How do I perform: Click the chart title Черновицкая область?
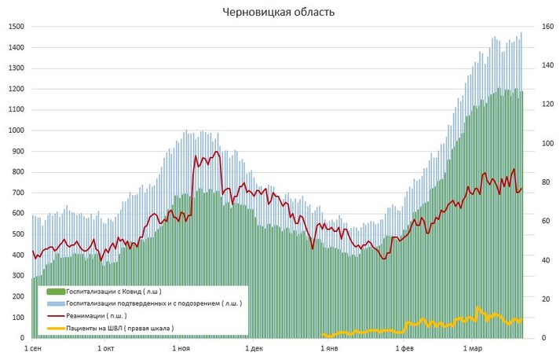coord(279,12)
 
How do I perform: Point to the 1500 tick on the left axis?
coord(16,27)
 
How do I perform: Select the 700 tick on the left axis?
coord(18,193)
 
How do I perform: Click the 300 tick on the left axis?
coord(18,276)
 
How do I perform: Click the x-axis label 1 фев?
coord(403,347)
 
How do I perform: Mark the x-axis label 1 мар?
coord(472,347)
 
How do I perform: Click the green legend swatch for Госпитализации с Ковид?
coord(55,291)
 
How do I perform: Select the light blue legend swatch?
coord(55,303)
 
